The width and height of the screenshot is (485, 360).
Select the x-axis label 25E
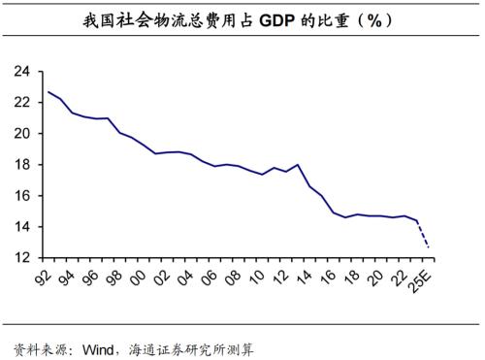tap(426, 281)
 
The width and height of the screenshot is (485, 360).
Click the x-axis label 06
tap(209, 277)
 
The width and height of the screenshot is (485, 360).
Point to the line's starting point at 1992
tap(48, 92)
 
